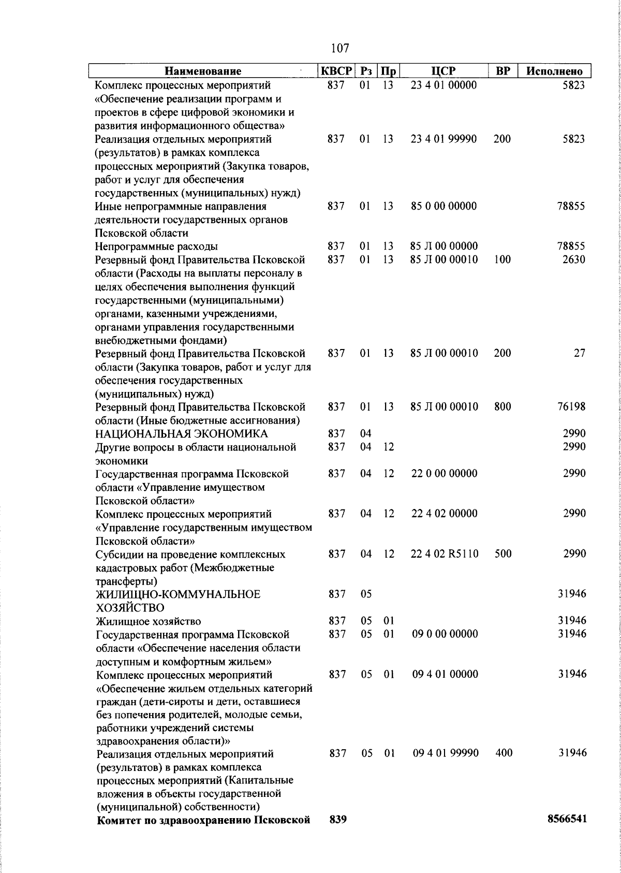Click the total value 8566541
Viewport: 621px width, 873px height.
567,834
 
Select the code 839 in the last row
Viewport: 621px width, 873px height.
337,834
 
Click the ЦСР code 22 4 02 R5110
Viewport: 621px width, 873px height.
445,554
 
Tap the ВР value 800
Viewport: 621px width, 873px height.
502,406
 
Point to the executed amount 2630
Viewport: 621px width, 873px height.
574,259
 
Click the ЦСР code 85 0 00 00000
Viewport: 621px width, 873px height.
443,206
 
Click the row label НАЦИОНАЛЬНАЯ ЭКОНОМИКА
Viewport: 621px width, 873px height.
182,433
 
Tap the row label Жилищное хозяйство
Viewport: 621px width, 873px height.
149,621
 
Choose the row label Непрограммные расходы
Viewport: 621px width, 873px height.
156,246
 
